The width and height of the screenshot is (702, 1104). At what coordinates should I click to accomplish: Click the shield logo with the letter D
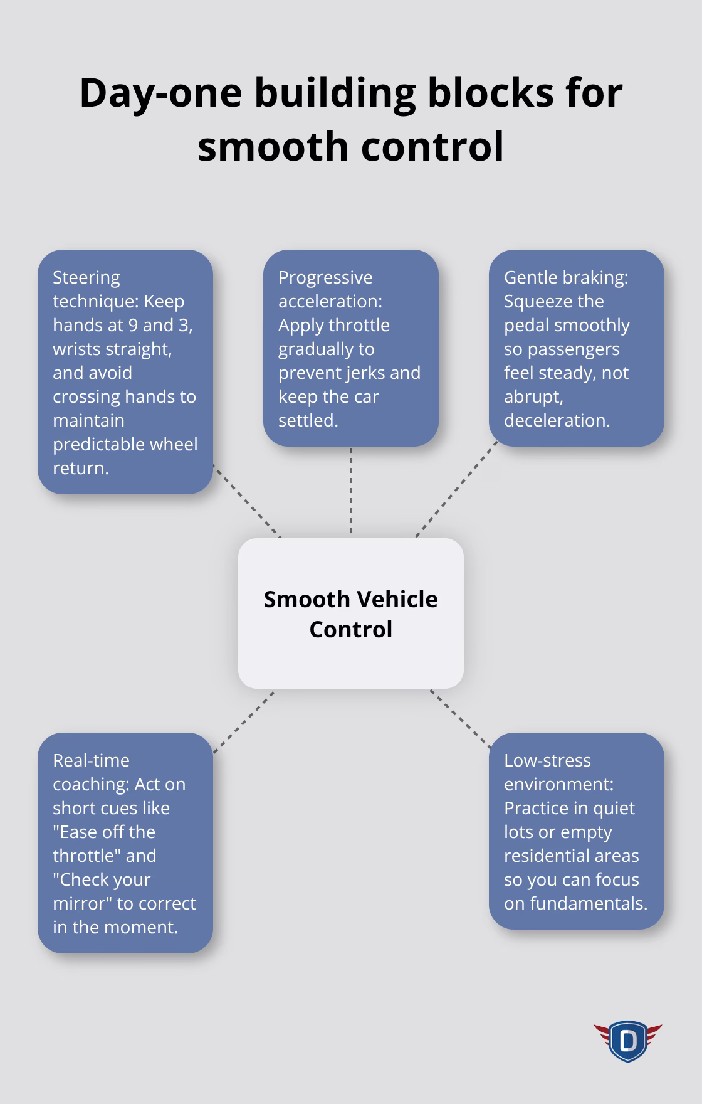pos(627,1041)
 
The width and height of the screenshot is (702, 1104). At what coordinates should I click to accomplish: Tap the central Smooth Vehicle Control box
pos(351,613)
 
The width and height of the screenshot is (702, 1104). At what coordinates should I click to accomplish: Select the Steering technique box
pos(125,372)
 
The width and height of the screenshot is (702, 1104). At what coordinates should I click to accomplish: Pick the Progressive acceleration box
pos(351,348)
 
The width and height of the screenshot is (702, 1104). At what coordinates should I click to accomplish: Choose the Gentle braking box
pos(577,348)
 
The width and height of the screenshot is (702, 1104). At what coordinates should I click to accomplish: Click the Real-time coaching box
pos(125,843)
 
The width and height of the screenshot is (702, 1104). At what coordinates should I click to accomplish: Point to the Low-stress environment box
pos(577,831)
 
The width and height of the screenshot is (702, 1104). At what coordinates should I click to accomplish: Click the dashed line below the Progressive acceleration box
pos(351,492)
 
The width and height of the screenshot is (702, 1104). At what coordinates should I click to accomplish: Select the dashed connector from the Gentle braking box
pos(456,489)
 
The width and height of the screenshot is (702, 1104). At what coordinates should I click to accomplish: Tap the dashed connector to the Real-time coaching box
pos(245,720)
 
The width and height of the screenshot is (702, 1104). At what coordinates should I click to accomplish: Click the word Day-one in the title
pos(161,93)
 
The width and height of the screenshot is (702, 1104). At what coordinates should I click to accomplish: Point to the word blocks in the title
pos(491,92)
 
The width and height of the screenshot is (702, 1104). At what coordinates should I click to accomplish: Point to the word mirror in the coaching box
pos(82,903)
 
